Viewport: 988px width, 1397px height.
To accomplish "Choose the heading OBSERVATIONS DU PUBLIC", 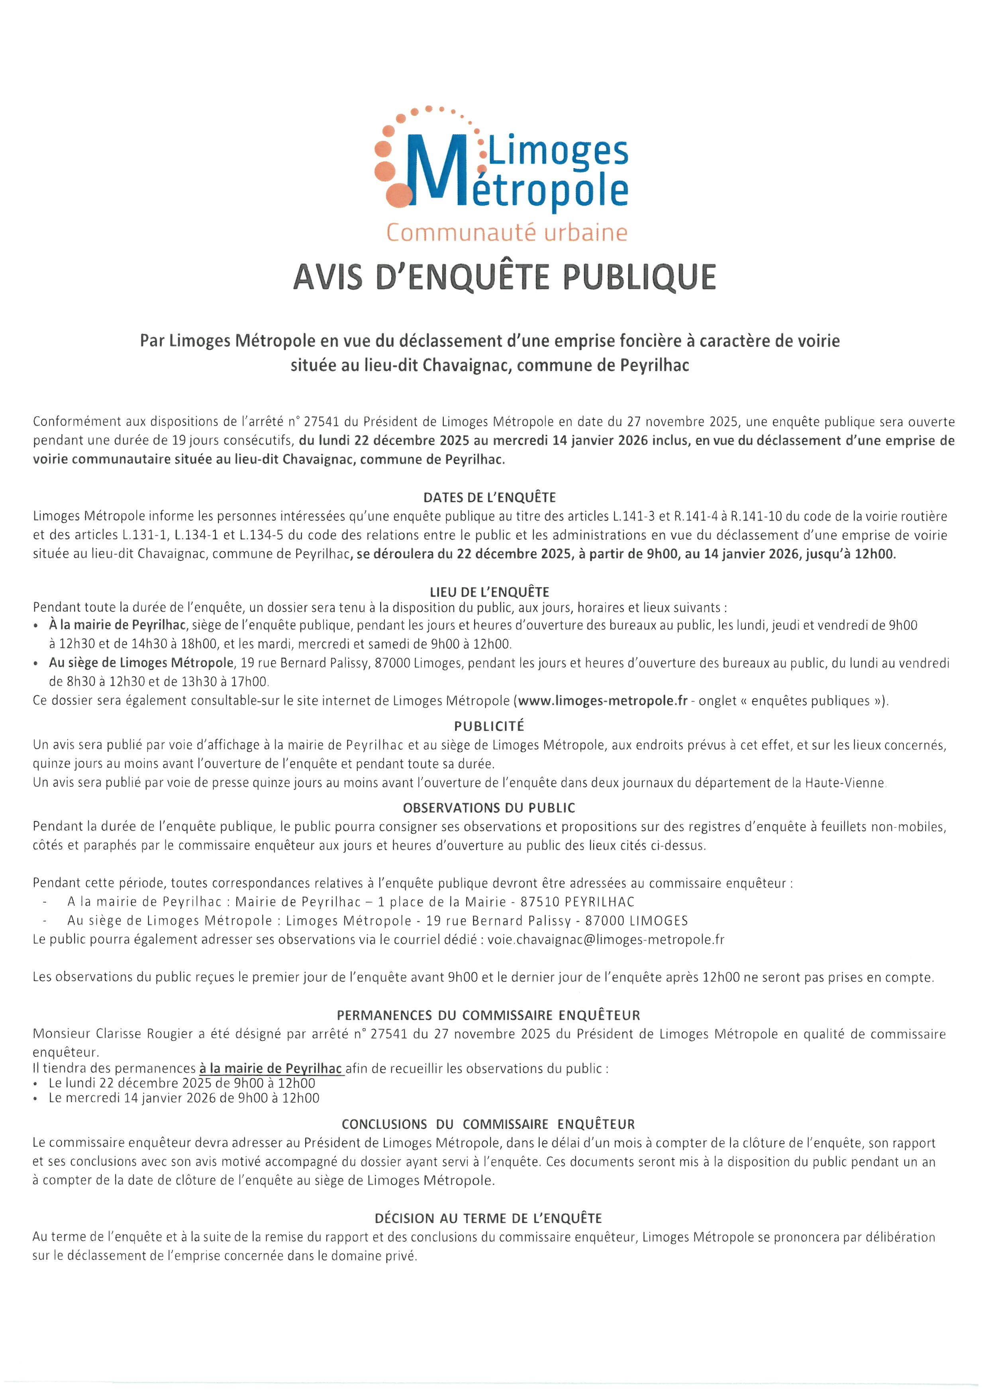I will click(x=488, y=808).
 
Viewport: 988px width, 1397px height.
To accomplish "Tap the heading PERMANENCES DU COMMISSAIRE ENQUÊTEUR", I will click(x=488, y=1015).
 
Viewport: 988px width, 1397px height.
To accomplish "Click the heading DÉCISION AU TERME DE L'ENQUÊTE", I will click(x=488, y=1219).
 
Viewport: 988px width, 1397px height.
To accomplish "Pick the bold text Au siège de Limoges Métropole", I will click(x=141, y=662).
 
